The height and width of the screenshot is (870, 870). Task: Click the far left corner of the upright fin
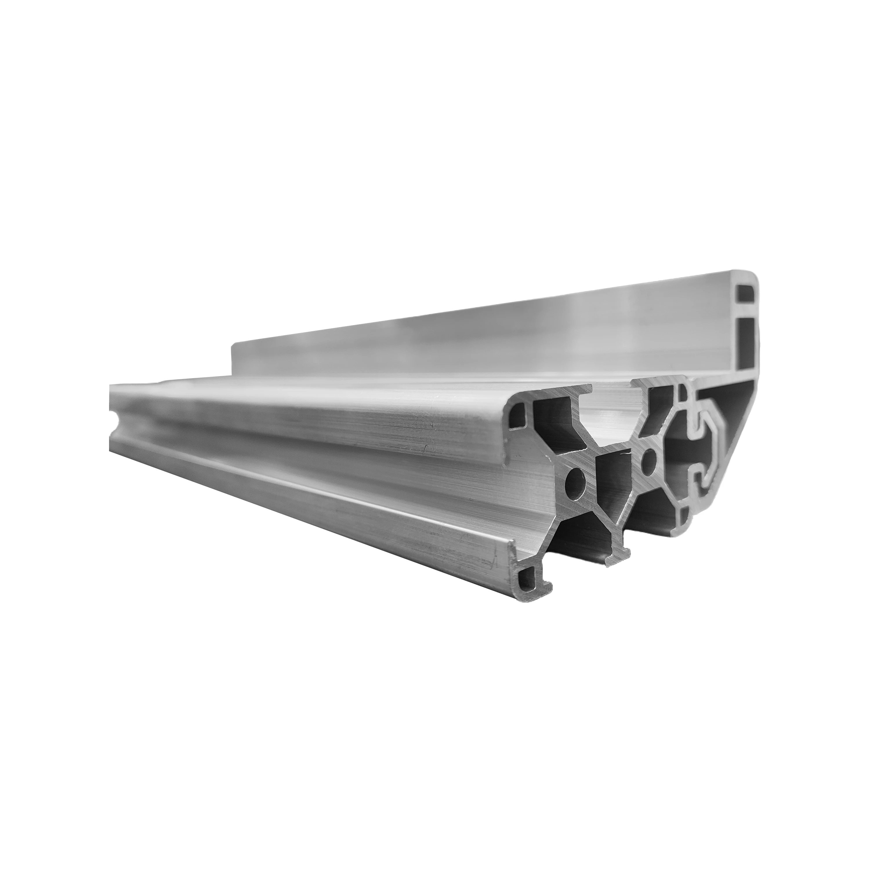pos(232,347)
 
